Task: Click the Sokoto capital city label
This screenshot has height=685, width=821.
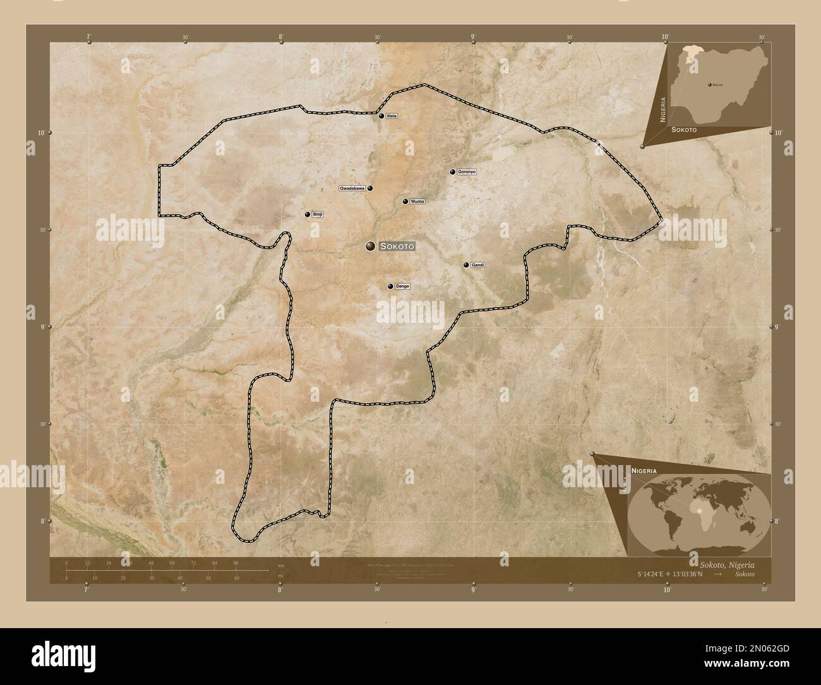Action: [x=397, y=246]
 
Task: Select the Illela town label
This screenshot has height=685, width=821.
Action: [x=392, y=116]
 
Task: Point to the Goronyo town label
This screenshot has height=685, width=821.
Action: [x=467, y=172]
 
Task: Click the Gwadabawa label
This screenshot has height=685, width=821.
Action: [x=352, y=188]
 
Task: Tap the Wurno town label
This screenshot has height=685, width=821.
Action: [x=417, y=202]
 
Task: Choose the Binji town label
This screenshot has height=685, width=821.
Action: [x=318, y=215]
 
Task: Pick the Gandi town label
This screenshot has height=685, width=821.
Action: [x=477, y=265]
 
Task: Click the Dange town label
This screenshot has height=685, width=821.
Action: [x=402, y=287]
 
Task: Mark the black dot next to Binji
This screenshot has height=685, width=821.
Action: [x=308, y=215]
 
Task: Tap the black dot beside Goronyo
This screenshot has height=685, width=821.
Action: [x=452, y=172]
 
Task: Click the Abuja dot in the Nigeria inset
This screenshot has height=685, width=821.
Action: [x=710, y=83]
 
